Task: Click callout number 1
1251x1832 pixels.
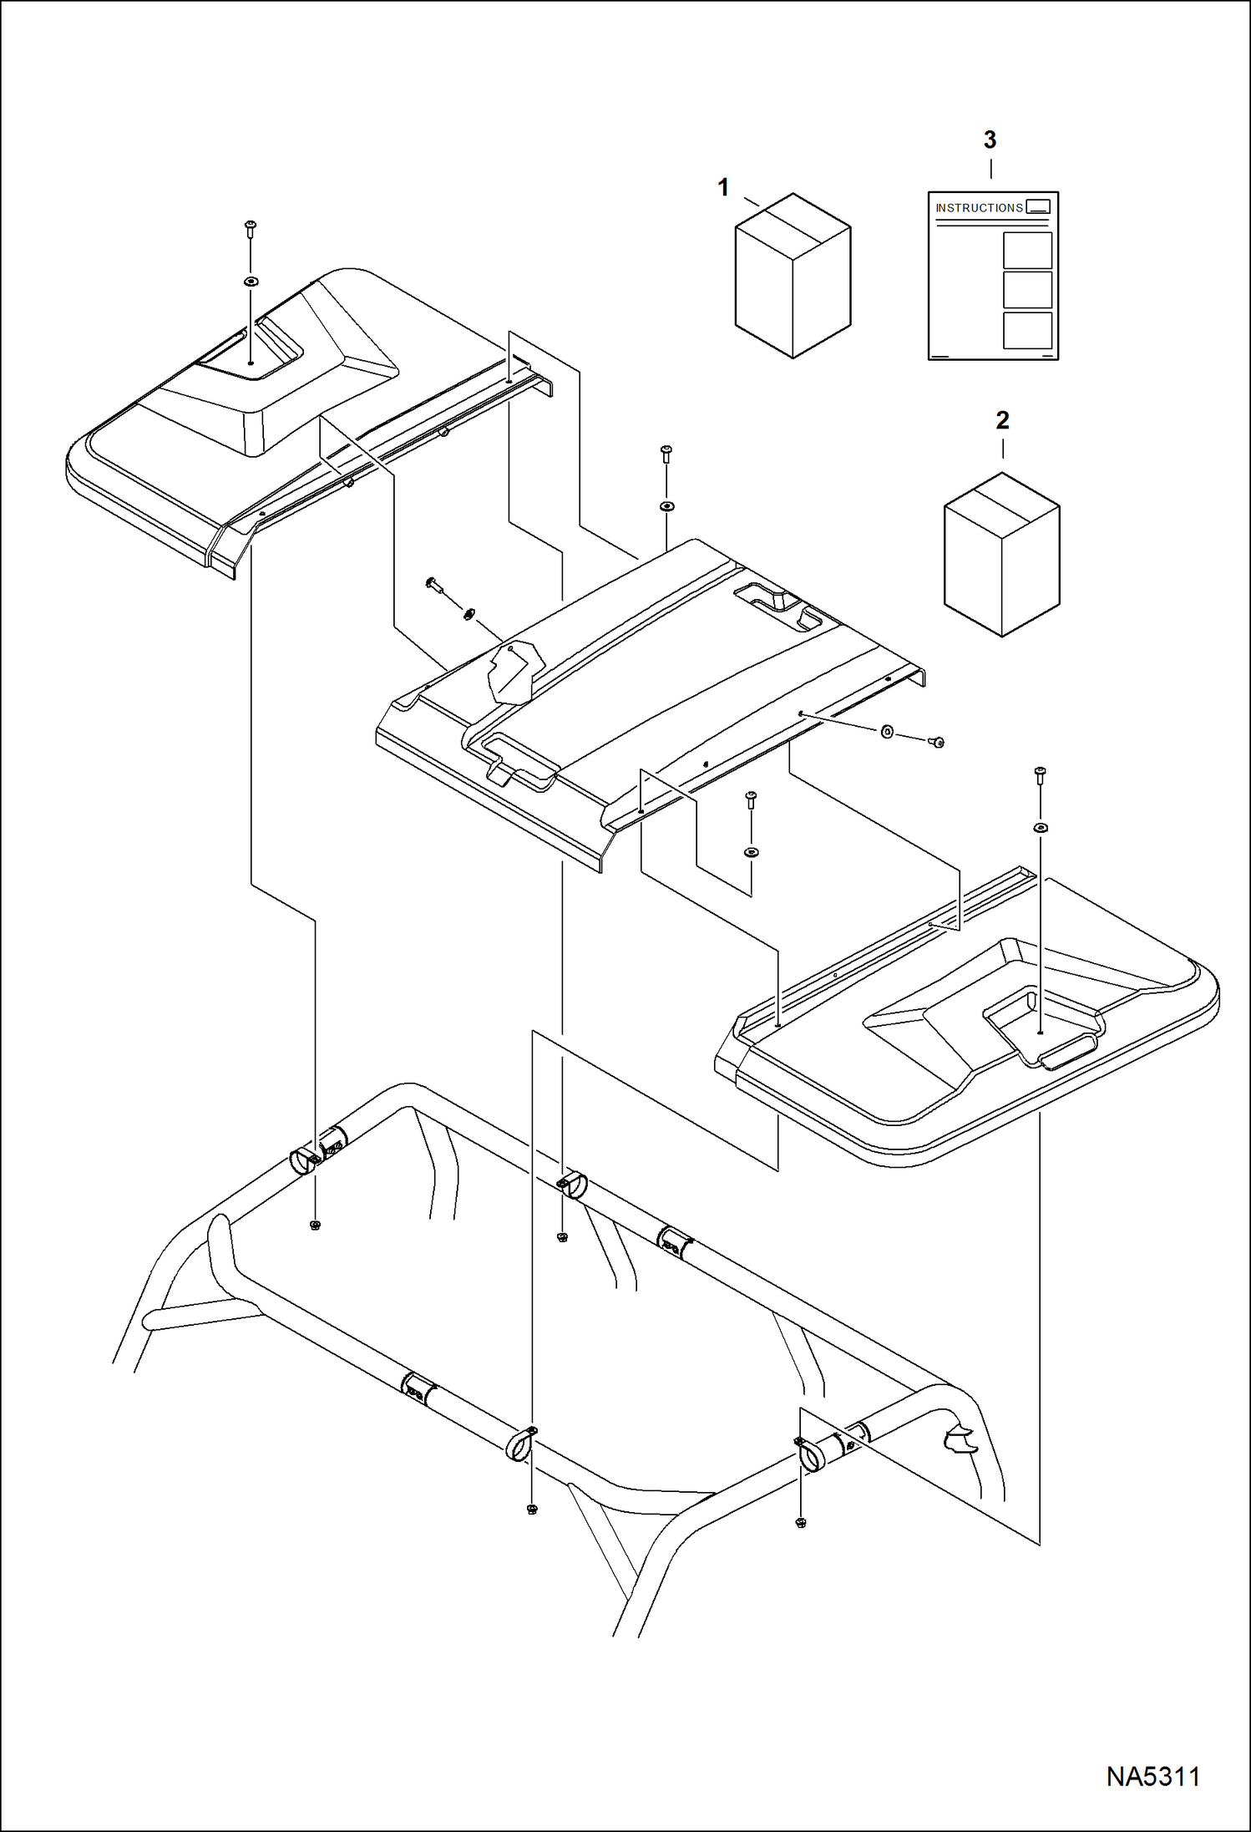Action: (x=723, y=188)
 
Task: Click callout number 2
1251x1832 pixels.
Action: (x=1002, y=420)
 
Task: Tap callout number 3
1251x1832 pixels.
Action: (x=990, y=140)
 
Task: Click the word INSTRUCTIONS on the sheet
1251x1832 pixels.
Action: (x=979, y=208)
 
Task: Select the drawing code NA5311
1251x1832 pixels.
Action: (x=1152, y=1777)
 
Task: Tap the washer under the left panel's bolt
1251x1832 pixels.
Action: (x=250, y=282)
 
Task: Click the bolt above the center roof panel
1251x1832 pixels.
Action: (x=666, y=454)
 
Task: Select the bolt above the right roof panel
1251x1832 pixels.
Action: (x=1040, y=774)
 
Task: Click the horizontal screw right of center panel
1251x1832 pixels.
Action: (x=935, y=741)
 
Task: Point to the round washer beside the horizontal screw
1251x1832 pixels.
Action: (x=887, y=732)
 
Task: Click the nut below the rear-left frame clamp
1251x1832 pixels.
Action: (x=315, y=1226)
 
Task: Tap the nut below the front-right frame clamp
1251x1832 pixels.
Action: (x=800, y=1522)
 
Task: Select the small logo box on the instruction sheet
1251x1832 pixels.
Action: (x=1037, y=207)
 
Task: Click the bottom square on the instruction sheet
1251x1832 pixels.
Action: (x=1026, y=330)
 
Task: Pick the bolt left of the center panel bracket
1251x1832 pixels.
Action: (x=434, y=584)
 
